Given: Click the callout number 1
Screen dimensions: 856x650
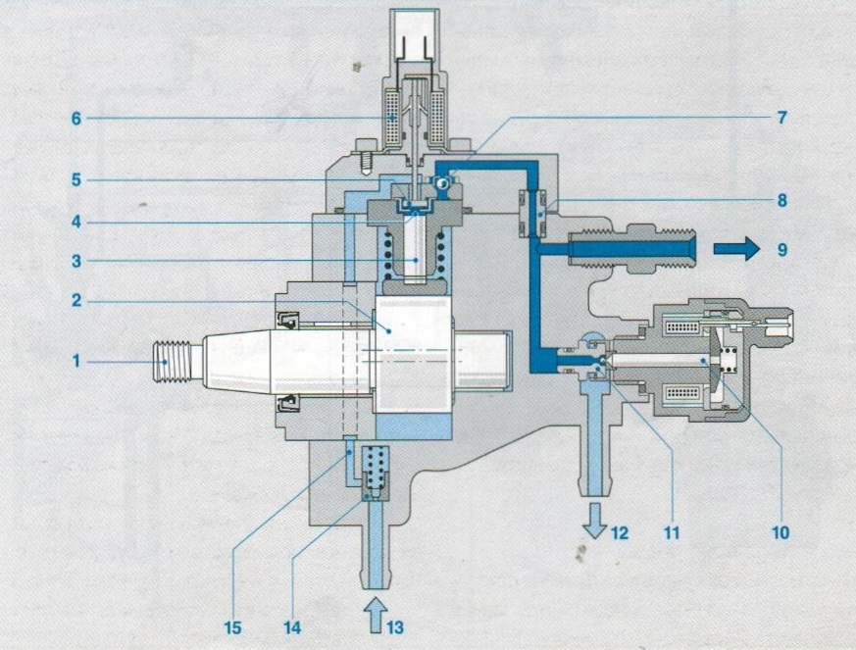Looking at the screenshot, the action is pyautogui.click(x=76, y=361).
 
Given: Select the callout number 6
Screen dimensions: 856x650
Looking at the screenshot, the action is pyautogui.click(x=76, y=119).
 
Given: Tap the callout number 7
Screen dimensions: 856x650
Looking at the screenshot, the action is pyautogui.click(x=781, y=118).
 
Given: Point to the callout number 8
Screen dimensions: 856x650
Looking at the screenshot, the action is pyautogui.click(x=782, y=200).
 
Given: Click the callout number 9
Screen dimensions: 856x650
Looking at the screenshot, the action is pyautogui.click(x=782, y=249).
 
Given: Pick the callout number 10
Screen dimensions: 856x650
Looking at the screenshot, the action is pyautogui.click(x=780, y=532).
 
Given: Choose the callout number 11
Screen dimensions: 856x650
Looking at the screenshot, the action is pyautogui.click(x=672, y=532).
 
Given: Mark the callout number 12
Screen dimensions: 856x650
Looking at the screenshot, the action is pyautogui.click(x=620, y=532).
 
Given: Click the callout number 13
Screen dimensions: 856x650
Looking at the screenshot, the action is pyautogui.click(x=395, y=627).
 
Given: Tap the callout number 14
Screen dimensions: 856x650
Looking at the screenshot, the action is pyautogui.click(x=292, y=627).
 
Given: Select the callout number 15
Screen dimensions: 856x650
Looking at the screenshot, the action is pyautogui.click(x=232, y=627).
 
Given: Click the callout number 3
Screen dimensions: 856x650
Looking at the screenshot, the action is pyautogui.click(x=76, y=261).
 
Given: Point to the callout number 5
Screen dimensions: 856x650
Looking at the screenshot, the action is pyautogui.click(x=76, y=180).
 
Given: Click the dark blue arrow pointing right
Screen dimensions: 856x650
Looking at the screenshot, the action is pyautogui.click(x=736, y=249).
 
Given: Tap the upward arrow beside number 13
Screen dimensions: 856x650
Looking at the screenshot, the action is pyautogui.click(x=376, y=614).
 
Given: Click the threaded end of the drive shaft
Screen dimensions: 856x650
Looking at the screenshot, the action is pyautogui.click(x=173, y=361).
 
